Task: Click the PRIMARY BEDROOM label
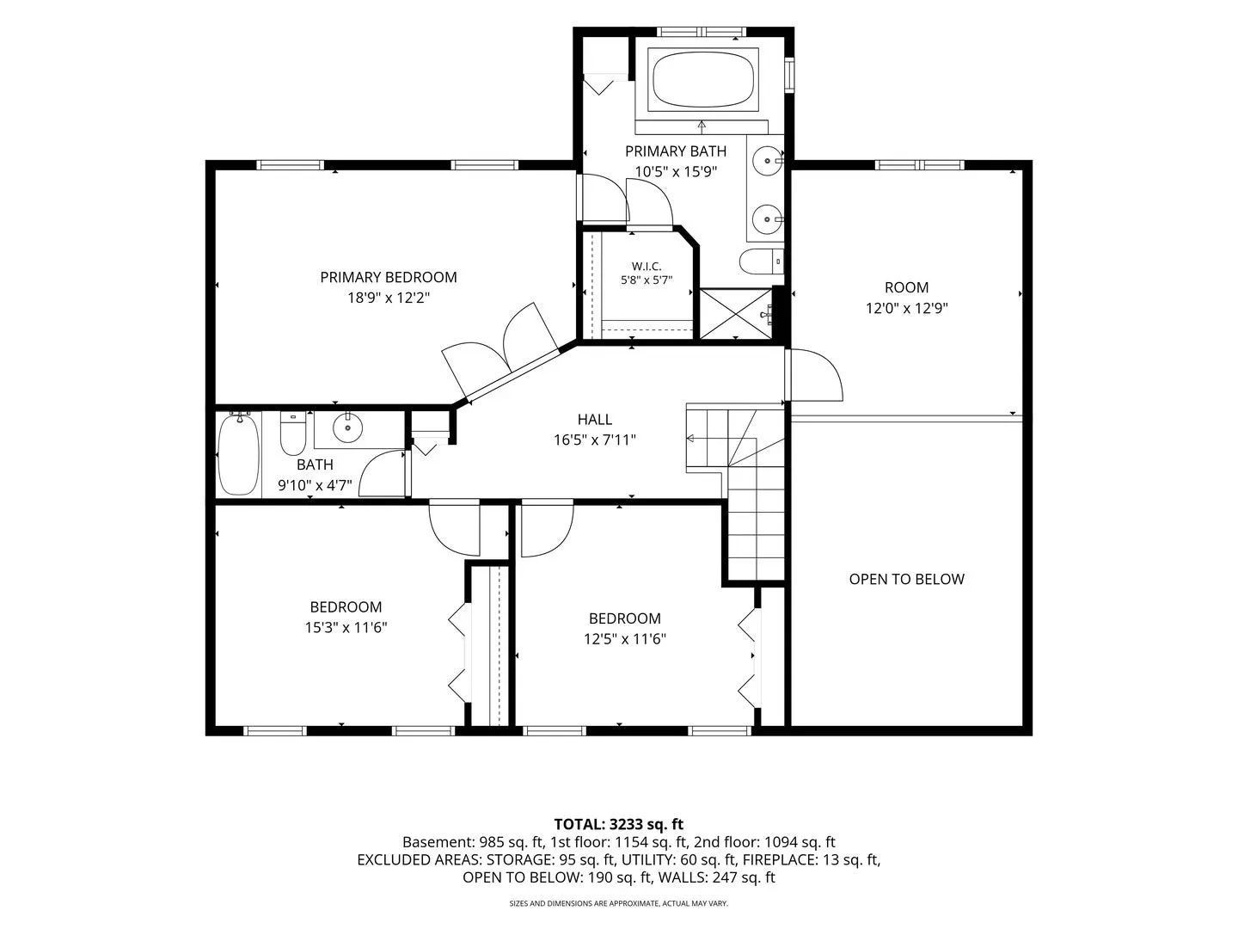click(x=388, y=277)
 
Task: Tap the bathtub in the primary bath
click(x=702, y=79)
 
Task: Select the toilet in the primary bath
click(x=762, y=261)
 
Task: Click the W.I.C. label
click(x=647, y=267)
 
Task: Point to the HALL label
click(x=594, y=419)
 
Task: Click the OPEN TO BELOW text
click(x=906, y=579)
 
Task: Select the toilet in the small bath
click(x=292, y=434)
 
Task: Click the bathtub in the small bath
click(x=238, y=454)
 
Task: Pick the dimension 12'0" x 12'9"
click(x=906, y=308)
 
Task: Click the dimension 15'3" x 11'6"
click(x=346, y=627)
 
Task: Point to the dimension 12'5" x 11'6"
click(x=625, y=638)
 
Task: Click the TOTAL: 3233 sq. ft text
click(x=619, y=824)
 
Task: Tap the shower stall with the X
click(x=735, y=314)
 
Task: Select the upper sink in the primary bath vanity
click(x=768, y=161)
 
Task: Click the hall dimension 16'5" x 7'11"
click(x=594, y=440)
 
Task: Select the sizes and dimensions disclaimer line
click(x=619, y=903)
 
